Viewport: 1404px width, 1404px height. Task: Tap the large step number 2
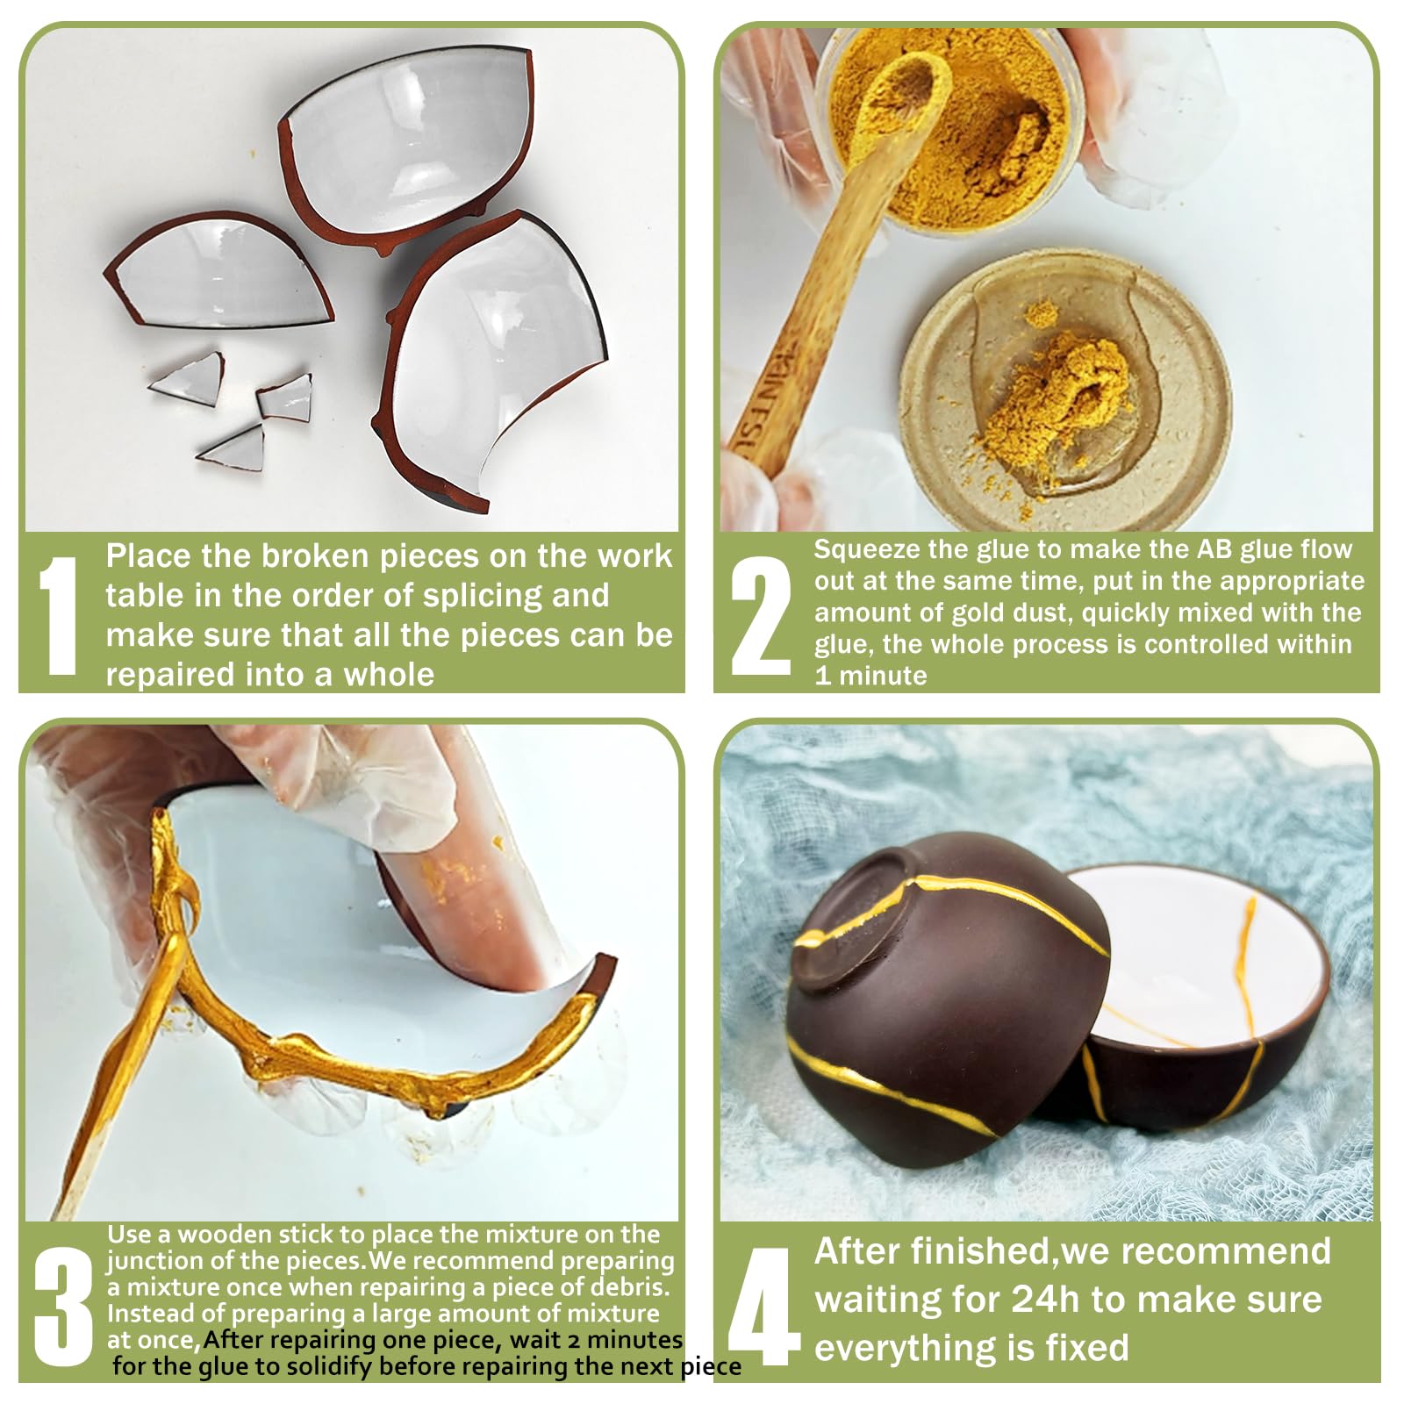coord(760,616)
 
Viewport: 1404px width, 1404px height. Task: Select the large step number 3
coord(63,1307)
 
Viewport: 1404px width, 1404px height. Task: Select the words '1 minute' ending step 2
coord(870,676)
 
